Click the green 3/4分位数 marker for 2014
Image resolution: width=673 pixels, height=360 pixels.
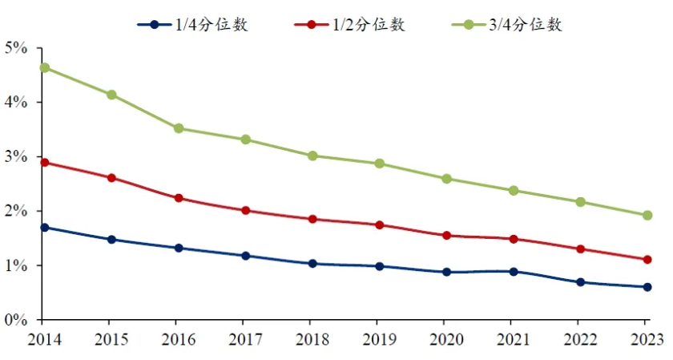click(44, 67)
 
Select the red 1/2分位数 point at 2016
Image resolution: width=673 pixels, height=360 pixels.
click(178, 198)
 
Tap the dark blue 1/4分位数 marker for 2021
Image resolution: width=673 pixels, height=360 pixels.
click(513, 272)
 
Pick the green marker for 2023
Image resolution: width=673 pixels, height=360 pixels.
click(647, 215)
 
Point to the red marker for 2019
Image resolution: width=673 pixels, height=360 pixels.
click(379, 224)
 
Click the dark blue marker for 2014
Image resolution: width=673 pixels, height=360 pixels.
click(44, 228)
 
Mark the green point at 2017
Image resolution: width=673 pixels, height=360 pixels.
click(245, 140)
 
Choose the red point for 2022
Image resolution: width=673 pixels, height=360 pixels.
click(580, 249)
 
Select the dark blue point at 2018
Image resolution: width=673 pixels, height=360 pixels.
click(312, 263)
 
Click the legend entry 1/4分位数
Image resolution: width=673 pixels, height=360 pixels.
click(192, 25)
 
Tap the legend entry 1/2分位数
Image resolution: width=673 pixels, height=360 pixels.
click(350, 25)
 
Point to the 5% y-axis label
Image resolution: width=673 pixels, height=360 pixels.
click(17, 48)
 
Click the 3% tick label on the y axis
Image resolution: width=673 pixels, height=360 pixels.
click(17, 156)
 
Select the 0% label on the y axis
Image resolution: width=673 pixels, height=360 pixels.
click(17, 320)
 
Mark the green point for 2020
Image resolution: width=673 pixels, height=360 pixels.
click(445, 179)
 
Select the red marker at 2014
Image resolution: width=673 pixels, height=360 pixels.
click(44, 162)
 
